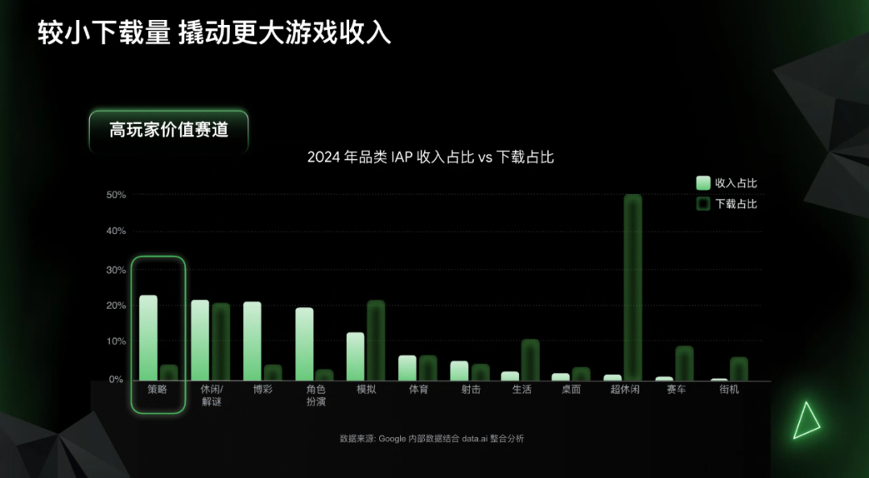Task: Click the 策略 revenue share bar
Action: (x=148, y=337)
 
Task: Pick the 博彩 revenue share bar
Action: (x=253, y=340)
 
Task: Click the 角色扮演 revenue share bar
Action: (x=304, y=344)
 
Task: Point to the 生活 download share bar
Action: (x=530, y=359)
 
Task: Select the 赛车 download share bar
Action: (x=685, y=363)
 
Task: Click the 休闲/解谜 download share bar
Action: (x=221, y=341)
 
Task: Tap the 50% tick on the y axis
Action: (x=116, y=195)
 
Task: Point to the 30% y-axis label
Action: (x=116, y=270)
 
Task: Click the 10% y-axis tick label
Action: (x=116, y=341)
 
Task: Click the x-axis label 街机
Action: (x=729, y=389)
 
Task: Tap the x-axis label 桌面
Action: (x=570, y=389)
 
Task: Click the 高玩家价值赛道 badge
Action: (x=169, y=130)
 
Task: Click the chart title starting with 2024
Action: (x=430, y=158)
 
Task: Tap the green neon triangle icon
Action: (x=805, y=420)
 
